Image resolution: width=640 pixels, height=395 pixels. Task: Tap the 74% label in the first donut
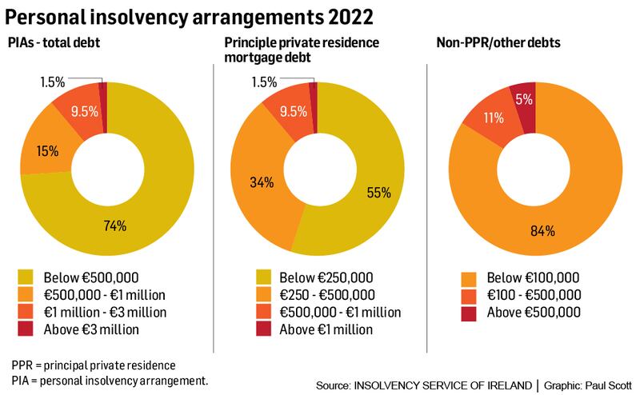[115, 225]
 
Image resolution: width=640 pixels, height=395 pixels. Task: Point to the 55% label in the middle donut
[379, 192]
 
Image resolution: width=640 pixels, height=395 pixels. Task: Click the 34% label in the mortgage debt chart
[262, 182]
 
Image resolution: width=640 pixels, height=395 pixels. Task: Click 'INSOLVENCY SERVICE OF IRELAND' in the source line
[443, 385]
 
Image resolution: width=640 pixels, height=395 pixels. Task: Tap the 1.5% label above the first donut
[54, 81]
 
